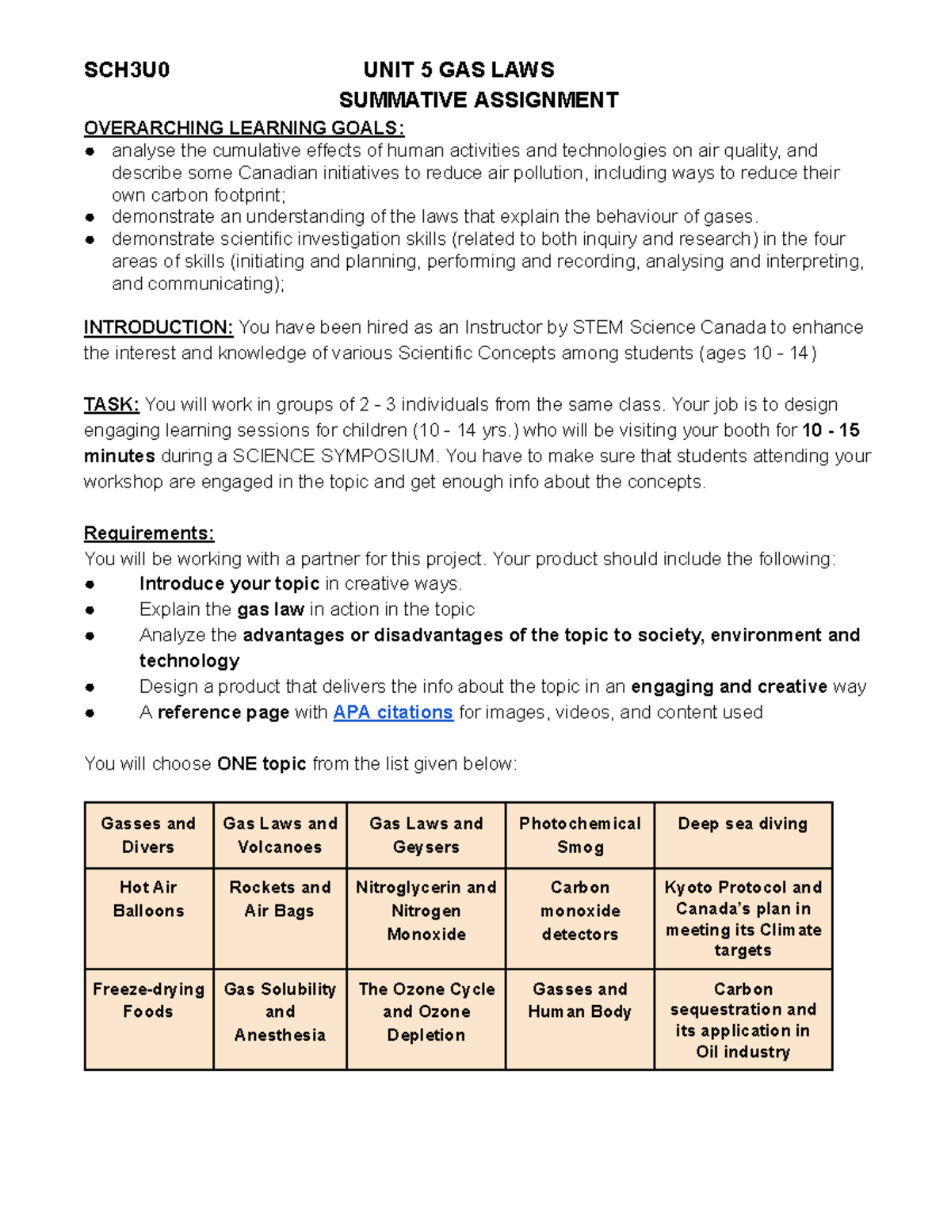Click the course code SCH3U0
point(127,70)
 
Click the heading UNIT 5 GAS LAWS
point(458,70)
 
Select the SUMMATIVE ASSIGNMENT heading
point(479,100)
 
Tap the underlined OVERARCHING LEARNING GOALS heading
point(244,128)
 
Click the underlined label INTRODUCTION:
point(158,327)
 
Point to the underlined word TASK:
point(111,404)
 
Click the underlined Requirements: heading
point(149,533)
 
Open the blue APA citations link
point(393,712)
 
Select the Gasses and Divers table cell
point(148,835)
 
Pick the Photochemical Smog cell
point(580,835)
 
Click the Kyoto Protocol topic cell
point(743,918)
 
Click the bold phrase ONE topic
point(262,763)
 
